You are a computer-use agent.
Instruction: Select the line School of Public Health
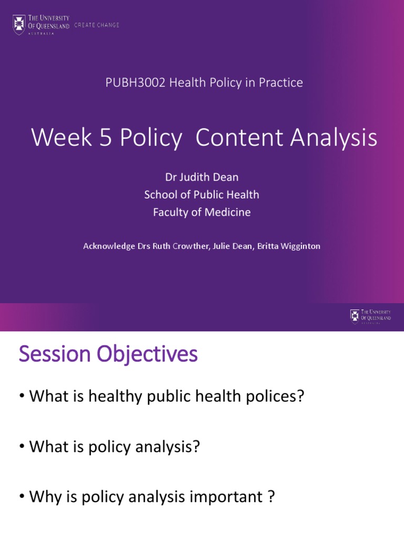[x=202, y=195]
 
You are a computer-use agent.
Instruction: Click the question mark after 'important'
[x=271, y=497]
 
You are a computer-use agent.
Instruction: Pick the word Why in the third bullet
[x=45, y=497]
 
